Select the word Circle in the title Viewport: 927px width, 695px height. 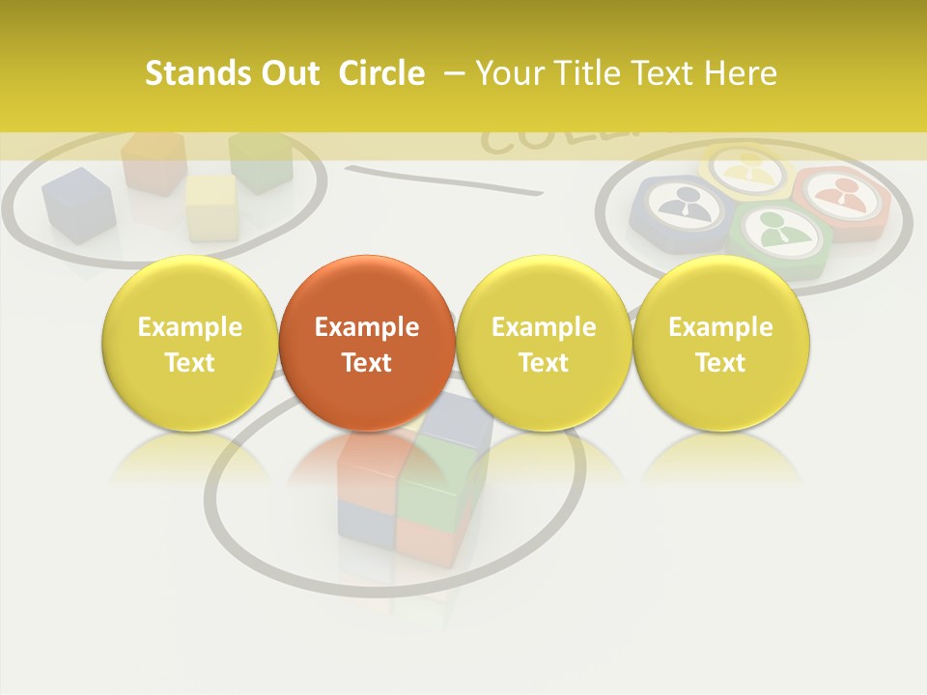click(x=381, y=73)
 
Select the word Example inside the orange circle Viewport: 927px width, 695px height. click(x=367, y=327)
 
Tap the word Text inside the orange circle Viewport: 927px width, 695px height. click(x=367, y=363)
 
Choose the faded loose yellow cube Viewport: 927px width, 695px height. click(x=211, y=206)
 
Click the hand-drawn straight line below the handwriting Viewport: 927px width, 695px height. click(x=444, y=179)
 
